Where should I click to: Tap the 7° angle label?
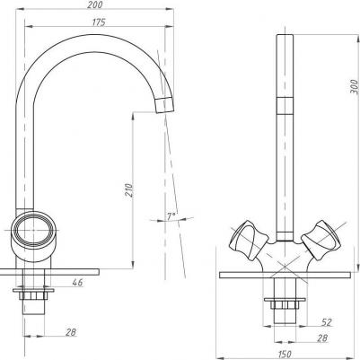click(x=171, y=216)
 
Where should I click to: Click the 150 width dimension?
click(x=283, y=353)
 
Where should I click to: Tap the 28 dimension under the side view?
click(x=69, y=333)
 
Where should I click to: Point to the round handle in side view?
click(x=35, y=233)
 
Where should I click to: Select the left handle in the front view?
click(x=246, y=239)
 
